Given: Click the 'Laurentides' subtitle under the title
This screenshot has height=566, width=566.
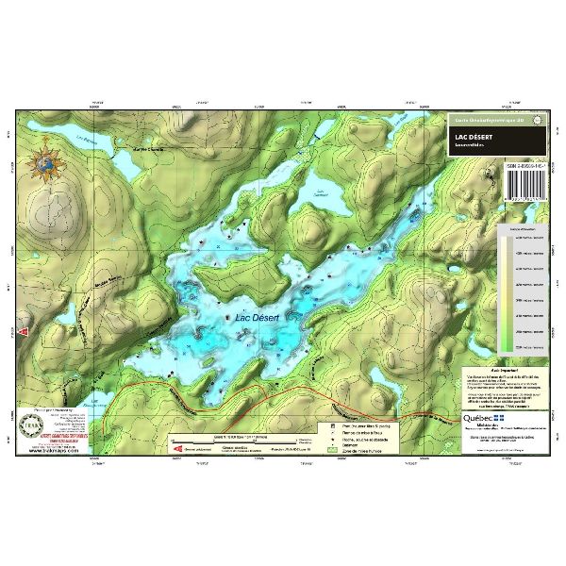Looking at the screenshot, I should point(472,147).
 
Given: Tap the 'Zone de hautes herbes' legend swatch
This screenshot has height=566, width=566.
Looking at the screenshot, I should point(333,452).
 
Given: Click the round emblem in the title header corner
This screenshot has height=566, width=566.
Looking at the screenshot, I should point(539,121).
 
